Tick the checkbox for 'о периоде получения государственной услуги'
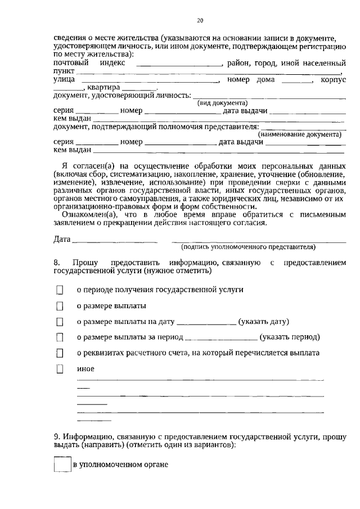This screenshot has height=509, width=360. pos(60,290)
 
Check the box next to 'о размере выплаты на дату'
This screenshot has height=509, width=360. pos(60,322)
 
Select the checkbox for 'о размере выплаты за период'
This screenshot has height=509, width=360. pos(60,338)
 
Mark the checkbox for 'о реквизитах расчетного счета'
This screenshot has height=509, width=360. pos(60,354)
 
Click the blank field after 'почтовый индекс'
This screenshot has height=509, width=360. pos(180,65)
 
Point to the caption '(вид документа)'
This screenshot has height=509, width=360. pos(222,103)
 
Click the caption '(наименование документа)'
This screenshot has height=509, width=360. pos(299,135)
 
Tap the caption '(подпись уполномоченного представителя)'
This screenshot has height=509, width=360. pos(248,247)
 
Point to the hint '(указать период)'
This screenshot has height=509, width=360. pos(289,337)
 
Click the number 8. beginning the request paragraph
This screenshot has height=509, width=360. pos(57,263)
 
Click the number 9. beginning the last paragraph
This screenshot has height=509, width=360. pos(57,436)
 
